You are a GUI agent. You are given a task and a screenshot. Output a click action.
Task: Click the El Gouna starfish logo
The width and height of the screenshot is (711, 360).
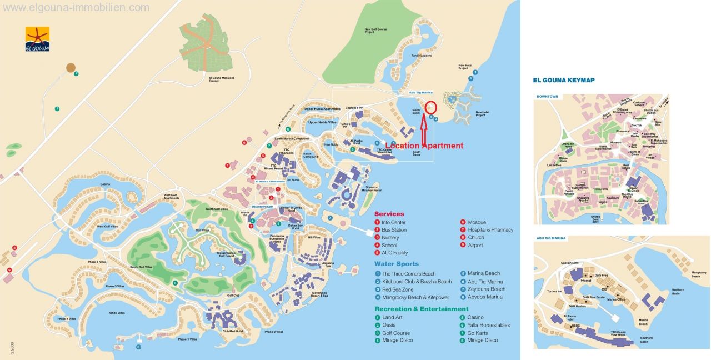click(x=37, y=39)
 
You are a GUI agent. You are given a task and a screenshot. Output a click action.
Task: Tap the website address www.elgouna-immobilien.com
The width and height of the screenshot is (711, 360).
click(x=76, y=8)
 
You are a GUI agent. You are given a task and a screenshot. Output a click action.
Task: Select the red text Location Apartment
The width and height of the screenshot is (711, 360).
click(x=424, y=146)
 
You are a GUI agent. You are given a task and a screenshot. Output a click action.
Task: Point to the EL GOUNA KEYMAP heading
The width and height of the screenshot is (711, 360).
click(x=563, y=80)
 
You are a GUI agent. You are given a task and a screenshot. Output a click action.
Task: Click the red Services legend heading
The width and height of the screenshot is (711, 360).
click(x=389, y=214)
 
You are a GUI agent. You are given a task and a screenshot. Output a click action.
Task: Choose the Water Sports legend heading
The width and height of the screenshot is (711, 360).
click(x=396, y=264)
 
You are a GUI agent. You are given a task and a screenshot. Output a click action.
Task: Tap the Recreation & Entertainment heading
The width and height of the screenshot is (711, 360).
click(x=421, y=309)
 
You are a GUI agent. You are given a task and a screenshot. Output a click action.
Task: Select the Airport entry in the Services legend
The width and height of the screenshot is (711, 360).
click(x=475, y=245)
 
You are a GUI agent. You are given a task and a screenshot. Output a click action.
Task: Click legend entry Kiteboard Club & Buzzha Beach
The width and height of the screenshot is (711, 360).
click(x=417, y=282)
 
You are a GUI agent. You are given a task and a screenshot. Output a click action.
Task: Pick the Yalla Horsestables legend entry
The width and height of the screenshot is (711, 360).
click(x=488, y=325)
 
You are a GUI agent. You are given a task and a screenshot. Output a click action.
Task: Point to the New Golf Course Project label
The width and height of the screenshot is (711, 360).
click(x=376, y=31)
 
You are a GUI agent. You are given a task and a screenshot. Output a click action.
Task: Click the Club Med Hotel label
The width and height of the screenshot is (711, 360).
click(x=233, y=331)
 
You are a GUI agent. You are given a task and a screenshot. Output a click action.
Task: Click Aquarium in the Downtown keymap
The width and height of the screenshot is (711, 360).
click(x=612, y=198)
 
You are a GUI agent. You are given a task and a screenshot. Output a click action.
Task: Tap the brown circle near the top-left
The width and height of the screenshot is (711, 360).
click(x=71, y=68)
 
